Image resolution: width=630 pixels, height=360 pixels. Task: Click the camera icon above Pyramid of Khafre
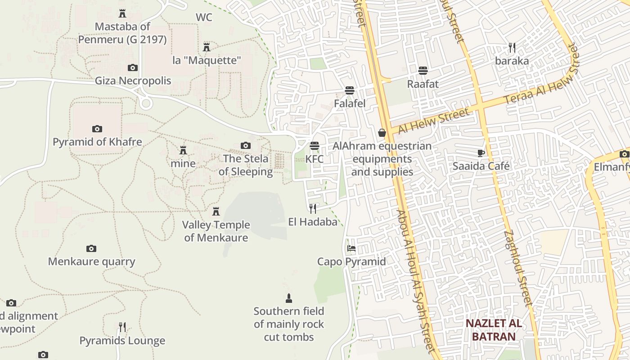tap(97, 129)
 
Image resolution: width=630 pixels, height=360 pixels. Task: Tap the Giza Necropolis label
tap(133, 81)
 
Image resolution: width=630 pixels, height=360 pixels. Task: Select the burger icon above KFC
tap(314, 146)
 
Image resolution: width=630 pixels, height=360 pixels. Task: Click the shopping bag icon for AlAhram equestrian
tap(382, 133)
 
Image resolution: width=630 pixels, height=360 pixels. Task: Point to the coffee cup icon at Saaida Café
tap(481, 153)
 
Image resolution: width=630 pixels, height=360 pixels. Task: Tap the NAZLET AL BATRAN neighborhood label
tap(494, 330)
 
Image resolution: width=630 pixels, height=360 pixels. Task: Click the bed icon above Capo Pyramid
tap(351, 248)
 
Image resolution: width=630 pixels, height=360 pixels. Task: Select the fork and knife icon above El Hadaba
tap(313, 208)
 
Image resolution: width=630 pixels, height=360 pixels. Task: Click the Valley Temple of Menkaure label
tap(216, 231)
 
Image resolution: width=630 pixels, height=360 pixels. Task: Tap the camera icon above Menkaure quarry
tap(91, 248)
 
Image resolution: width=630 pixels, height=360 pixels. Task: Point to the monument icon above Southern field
tap(289, 298)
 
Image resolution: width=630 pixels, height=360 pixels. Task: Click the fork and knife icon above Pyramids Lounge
tap(122, 327)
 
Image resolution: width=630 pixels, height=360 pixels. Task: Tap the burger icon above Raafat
tap(423, 71)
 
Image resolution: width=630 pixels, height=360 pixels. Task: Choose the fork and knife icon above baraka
tap(512, 47)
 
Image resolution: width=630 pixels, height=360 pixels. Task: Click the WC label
tap(204, 18)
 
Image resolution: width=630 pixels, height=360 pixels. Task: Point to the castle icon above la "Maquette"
tap(207, 47)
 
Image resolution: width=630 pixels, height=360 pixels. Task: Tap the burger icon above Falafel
tap(350, 90)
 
